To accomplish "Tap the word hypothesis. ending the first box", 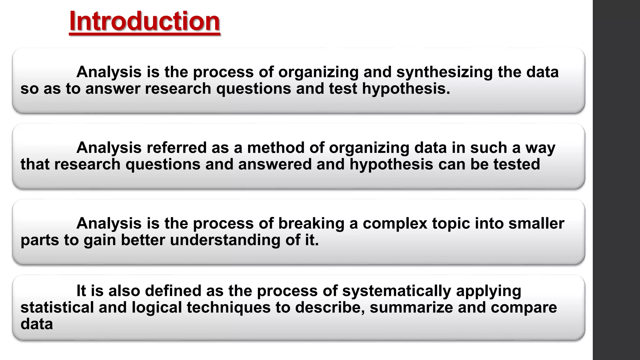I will pyautogui.click(x=406, y=89).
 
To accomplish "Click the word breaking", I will pyautogui.click(x=311, y=223).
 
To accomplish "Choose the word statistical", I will pyautogui.click(x=57, y=307).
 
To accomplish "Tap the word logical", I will pyautogui.click(x=157, y=307).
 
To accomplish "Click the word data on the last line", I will pyautogui.click(x=37, y=324).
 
